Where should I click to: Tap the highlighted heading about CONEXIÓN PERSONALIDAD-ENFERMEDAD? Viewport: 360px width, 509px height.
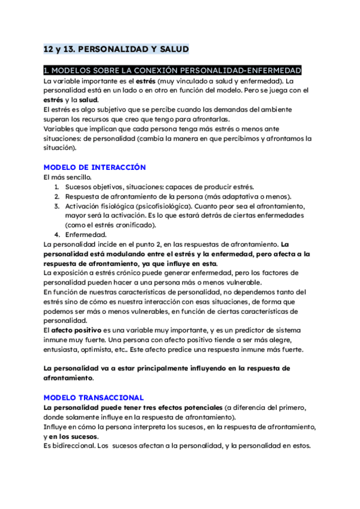(x=173, y=71)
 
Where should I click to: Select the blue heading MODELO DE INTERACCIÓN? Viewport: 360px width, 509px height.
(x=95, y=167)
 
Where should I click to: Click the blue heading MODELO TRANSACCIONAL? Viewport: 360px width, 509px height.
(x=94, y=397)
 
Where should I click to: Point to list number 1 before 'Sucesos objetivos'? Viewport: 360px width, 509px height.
(x=57, y=187)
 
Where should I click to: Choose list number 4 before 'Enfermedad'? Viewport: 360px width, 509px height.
(x=57, y=235)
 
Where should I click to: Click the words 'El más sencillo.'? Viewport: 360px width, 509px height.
(x=68, y=177)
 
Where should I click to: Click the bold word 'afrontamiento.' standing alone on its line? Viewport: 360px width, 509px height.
(x=69, y=379)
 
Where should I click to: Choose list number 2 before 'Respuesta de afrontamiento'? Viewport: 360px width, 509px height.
(x=57, y=196)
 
